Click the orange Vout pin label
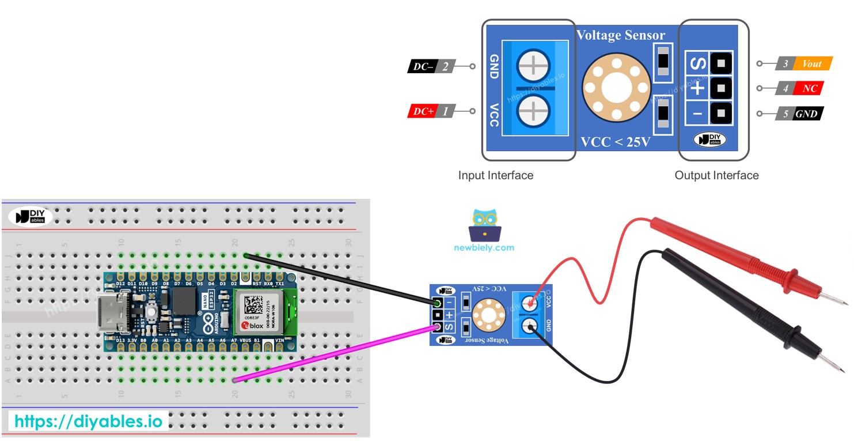pos(811,63)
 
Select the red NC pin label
pos(809,89)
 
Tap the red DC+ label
pos(423,111)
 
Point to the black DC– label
pos(423,67)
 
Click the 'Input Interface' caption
pos(495,175)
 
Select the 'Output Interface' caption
pos(716,175)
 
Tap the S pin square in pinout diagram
pos(720,62)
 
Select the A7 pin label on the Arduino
pos(234,341)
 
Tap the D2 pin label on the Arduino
pos(234,284)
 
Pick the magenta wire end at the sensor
pos(437,327)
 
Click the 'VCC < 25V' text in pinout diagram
pos(615,142)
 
